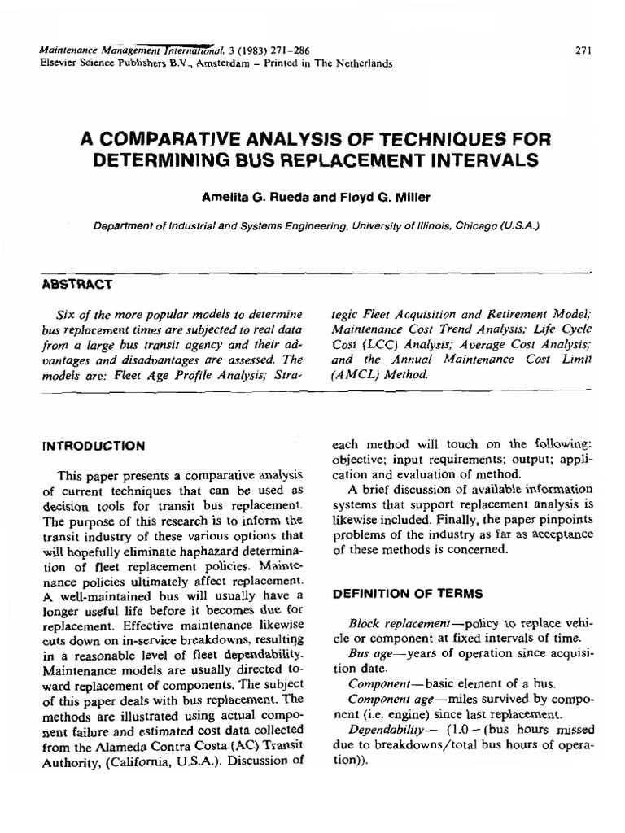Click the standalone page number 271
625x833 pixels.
583,50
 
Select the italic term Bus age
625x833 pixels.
369,652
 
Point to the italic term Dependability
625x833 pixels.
383,727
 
